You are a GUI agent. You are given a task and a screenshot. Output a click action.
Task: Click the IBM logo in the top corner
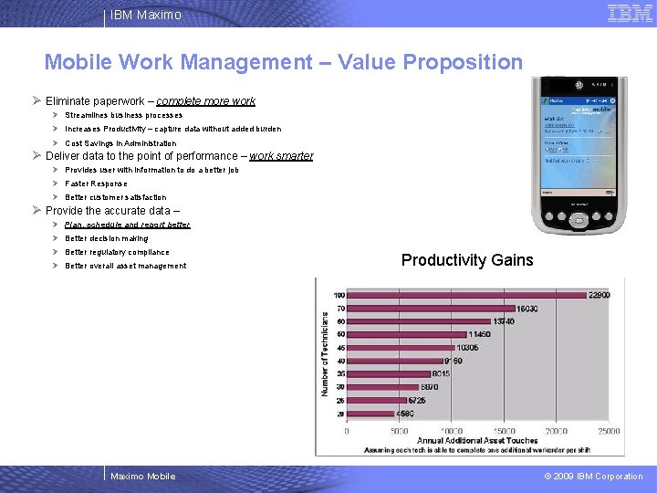630,13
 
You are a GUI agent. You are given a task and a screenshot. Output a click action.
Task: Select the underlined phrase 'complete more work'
205,101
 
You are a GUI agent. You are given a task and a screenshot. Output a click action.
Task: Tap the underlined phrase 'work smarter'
281,156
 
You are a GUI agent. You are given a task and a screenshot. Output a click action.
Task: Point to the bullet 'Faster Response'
96,184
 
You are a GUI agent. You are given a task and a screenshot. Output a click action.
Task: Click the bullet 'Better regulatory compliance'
117,252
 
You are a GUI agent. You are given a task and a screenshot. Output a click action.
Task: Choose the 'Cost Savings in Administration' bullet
120,143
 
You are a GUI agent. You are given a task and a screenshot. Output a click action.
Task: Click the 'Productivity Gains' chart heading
467,260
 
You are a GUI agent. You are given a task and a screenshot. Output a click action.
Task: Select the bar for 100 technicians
465,295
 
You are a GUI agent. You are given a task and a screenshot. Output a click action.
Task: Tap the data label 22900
599,295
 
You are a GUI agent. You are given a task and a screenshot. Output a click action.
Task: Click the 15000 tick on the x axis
504,431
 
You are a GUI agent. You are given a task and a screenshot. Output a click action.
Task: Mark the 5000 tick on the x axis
399,431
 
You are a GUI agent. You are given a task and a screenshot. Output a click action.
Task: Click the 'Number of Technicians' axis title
325,354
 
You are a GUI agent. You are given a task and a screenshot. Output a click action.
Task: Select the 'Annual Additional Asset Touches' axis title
477,441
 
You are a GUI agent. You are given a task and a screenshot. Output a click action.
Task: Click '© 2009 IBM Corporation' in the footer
593,476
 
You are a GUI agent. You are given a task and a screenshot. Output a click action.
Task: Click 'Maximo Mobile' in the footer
142,476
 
